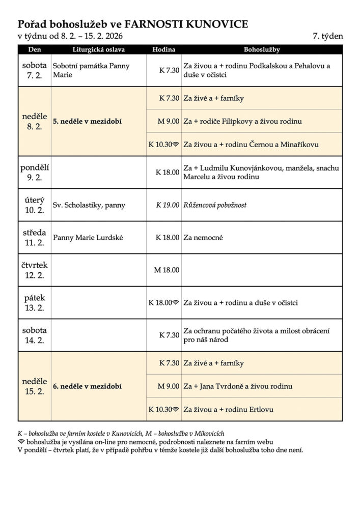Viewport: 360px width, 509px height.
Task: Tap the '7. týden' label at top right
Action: tap(328, 37)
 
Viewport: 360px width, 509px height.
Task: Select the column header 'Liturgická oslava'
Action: tap(98, 50)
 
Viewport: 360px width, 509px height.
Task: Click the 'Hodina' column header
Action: tap(163, 50)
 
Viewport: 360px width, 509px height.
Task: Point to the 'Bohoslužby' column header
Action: tap(262, 50)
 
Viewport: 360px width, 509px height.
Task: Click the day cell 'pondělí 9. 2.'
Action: tap(34, 172)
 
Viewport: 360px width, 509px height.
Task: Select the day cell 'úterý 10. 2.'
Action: tap(34, 205)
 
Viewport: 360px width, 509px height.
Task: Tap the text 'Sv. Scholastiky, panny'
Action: tap(89, 205)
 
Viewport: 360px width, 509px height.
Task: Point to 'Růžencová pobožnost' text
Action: tap(215, 205)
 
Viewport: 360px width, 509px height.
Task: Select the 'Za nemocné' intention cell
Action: tap(203, 237)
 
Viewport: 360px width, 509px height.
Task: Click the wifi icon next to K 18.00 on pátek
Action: tap(176, 302)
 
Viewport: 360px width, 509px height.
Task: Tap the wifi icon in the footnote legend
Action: tap(21, 442)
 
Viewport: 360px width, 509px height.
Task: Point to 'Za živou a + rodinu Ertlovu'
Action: tap(230, 409)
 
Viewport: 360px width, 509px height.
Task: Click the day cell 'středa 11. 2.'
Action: tap(34, 237)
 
